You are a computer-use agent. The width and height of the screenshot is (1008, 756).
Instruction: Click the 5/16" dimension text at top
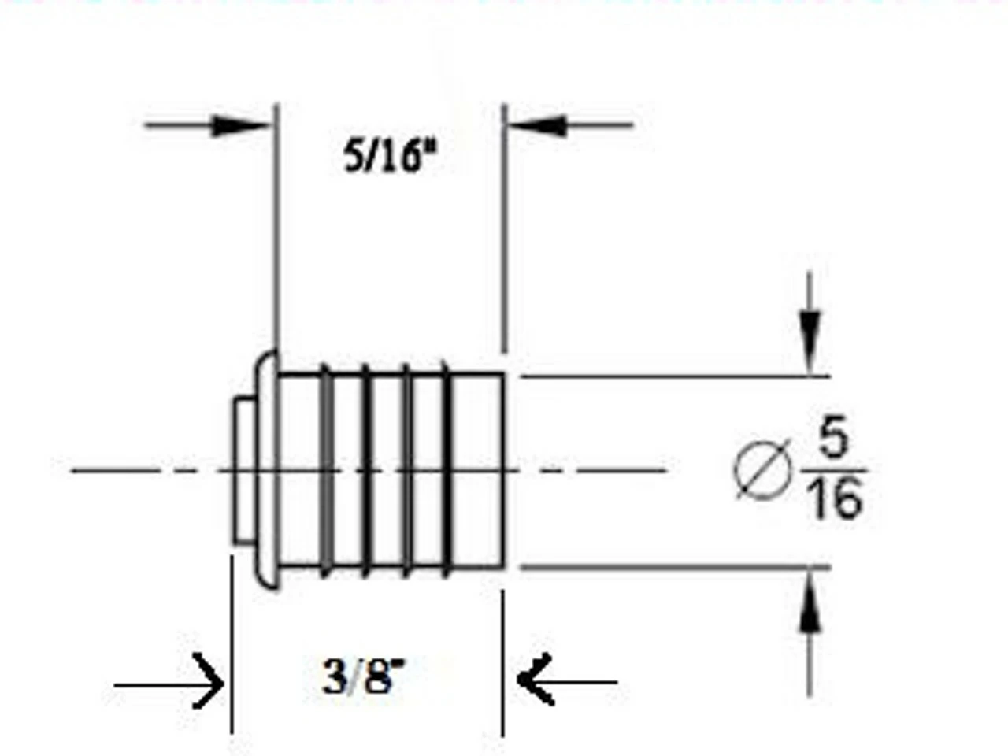389,156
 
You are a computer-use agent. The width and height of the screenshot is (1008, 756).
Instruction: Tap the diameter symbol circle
762,469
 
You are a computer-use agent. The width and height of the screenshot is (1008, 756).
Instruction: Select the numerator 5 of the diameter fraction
832,441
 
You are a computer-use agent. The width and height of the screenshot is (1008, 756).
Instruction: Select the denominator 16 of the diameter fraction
835,499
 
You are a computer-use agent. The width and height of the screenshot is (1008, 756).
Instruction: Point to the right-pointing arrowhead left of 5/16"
239,124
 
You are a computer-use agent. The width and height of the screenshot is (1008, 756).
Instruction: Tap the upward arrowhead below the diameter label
810,610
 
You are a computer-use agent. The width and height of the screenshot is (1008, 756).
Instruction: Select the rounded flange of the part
266,470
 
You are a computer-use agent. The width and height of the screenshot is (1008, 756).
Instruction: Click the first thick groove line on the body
325,470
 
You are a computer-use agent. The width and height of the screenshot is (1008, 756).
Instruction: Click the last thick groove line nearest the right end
447,470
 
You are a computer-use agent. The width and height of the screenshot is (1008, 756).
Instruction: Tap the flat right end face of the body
502,470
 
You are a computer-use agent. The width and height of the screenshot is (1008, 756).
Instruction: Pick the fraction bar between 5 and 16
835,470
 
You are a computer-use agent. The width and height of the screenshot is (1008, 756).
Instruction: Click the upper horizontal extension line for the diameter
673,376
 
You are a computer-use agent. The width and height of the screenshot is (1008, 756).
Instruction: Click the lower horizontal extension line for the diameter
673,566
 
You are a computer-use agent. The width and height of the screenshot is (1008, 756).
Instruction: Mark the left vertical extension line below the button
232,646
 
